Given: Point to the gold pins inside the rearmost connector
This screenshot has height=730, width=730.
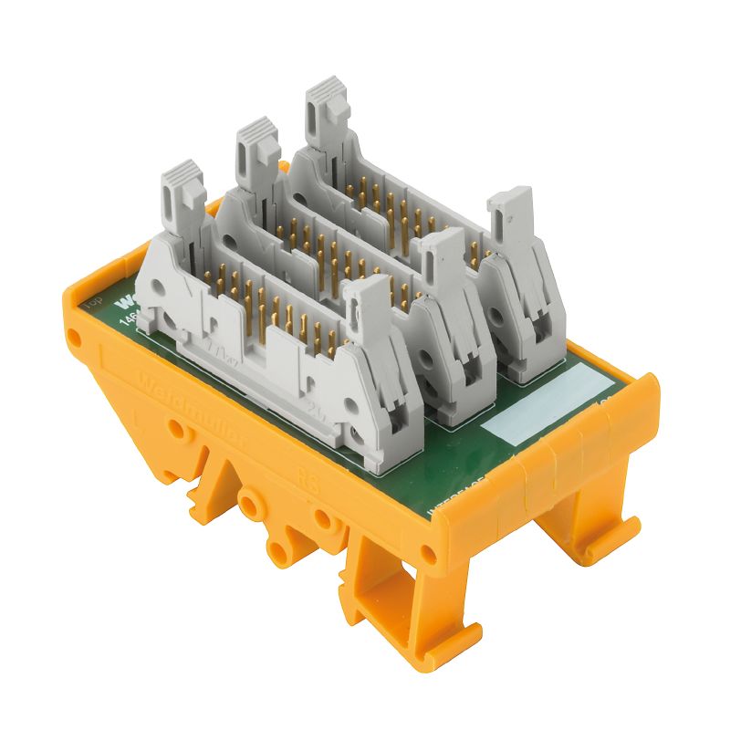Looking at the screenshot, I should pos(392,205).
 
